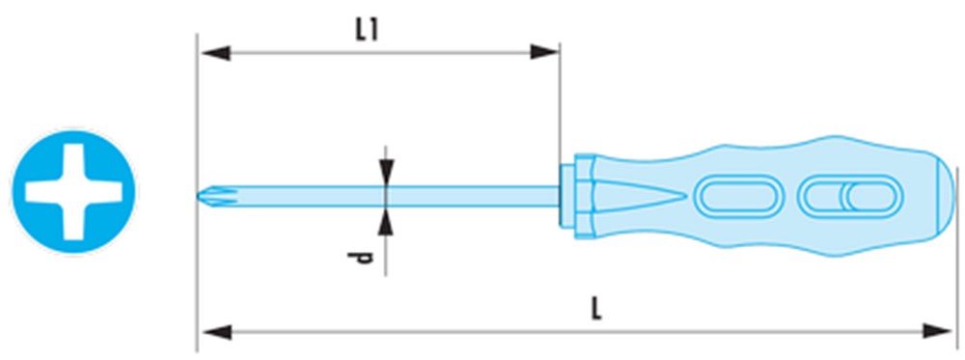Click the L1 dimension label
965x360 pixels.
coord(367,31)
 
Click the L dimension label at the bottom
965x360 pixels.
coord(595,310)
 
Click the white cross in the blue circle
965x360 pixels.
coord(74,192)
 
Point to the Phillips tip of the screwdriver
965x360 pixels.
coord(211,196)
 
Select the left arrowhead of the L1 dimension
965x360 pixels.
coord(216,53)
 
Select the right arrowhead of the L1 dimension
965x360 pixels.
coord(544,52)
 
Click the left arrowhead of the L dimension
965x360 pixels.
coord(217,333)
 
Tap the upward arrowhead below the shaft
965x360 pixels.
coord(386,221)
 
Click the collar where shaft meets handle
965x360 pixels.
coord(577,196)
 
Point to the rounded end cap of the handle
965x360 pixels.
coord(946,195)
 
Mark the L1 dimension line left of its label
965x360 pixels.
coord(277,53)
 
